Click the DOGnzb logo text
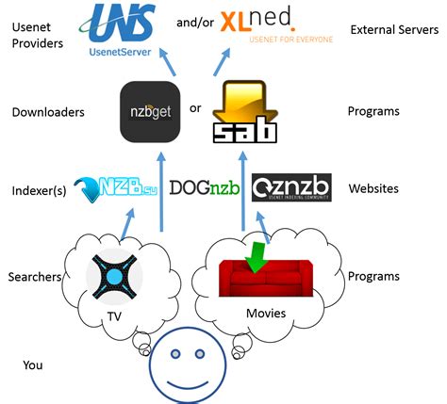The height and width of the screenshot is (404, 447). (205, 187)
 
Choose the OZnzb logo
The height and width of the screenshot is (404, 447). (291, 187)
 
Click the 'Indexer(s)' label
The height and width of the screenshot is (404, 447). (38, 189)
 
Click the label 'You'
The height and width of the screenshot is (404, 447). (34, 364)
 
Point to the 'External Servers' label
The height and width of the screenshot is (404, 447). (389, 29)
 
